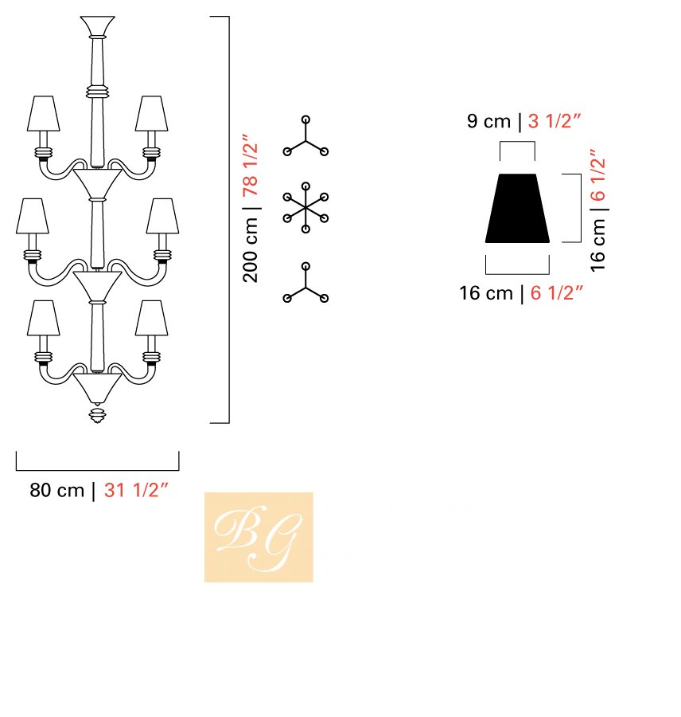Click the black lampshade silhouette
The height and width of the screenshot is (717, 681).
pos(517,208)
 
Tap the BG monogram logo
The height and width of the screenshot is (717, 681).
pos(259,537)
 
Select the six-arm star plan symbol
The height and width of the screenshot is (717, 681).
pos(305,208)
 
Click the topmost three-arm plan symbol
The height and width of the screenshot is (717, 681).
pos(305,136)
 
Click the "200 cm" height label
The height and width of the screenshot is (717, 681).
pos(251,250)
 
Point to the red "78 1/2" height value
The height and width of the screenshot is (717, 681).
pos(251,165)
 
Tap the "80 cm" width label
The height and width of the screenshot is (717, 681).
pos(57,490)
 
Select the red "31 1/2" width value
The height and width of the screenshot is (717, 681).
pos(136,490)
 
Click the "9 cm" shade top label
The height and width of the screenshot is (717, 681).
pos(488,121)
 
